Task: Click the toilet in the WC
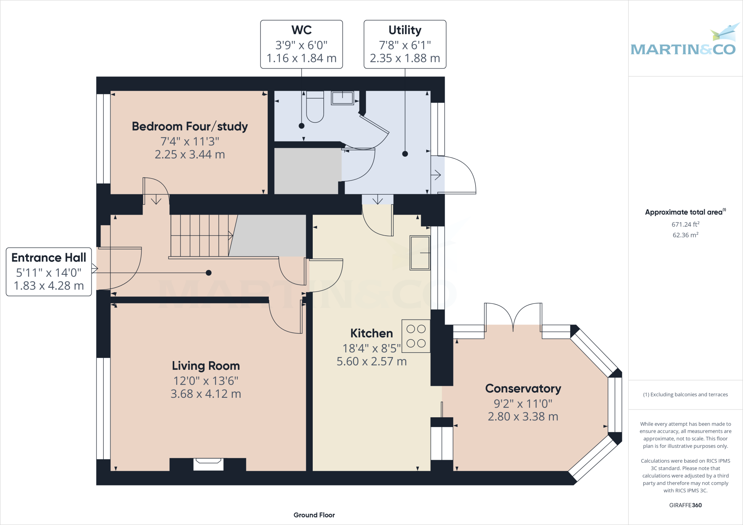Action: pos(315,108)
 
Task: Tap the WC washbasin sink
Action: pos(342,98)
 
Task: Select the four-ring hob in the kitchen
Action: pos(416,336)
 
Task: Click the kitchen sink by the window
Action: pos(420,253)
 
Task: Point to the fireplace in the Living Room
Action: pos(208,464)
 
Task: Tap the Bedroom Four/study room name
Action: pos(190,127)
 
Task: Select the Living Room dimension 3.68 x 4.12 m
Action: pos(206,394)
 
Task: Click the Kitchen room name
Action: pos(371,333)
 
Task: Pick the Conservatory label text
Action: pos(523,388)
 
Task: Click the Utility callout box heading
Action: pos(405,30)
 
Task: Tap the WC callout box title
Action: pos(301,30)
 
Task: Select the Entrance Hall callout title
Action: pos(49,257)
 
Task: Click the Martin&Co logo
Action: pos(684,44)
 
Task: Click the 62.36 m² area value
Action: pos(685,235)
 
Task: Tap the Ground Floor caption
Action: pos(314,515)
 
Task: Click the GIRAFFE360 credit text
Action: pos(685,505)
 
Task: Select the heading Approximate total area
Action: pos(684,212)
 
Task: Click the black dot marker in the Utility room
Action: pos(405,154)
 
